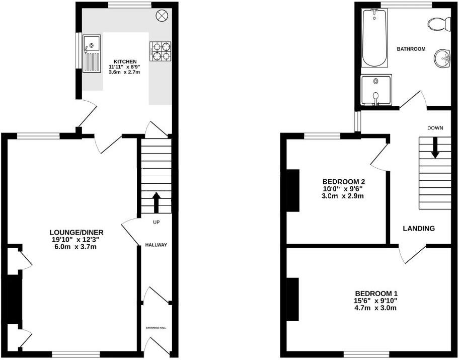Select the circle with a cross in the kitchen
click(163, 16)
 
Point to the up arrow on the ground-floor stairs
click(156, 202)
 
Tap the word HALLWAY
click(156, 245)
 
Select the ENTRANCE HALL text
click(156, 328)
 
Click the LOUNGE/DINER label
click(76, 232)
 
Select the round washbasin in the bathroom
click(443, 58)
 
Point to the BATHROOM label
click(411, 49)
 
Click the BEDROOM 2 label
click(343, 182)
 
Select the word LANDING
click(419, 229)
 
